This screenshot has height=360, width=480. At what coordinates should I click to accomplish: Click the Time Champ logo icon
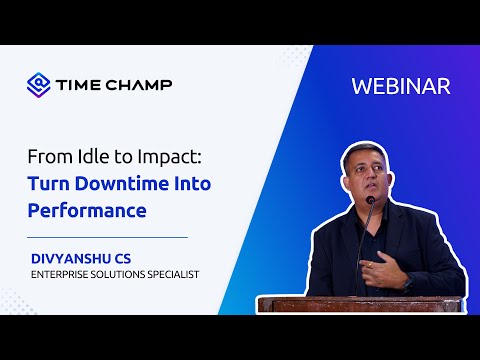pyautogui.click(x=38, y=83)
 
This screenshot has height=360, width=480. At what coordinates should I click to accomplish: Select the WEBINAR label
pyautogui.click(x=401, y=86)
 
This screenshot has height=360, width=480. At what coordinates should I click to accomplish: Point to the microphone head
pyautogui.click(x=370, y=201)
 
